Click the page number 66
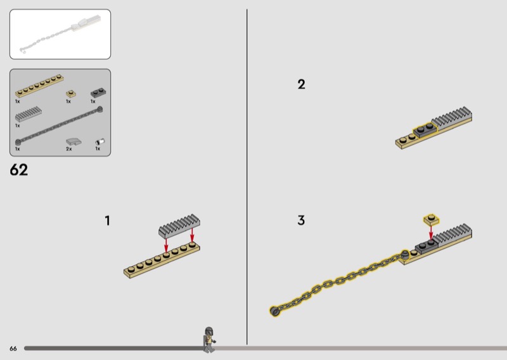coord(13,349)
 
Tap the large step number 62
coord(19,169)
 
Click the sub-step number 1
coord(107,221)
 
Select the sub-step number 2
coord(302,84)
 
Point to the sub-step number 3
coord(301,221)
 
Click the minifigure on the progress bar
coord(209,340)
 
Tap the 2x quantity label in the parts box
coord(69,149)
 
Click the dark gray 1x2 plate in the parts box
coord(99,93)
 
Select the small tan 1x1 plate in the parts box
coord(71,94)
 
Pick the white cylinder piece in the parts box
coord(100,142)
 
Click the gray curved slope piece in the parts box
coord(74,142)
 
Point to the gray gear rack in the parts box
coord(29,114)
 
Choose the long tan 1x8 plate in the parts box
coord(39,86)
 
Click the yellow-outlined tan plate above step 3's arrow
coord(432,220)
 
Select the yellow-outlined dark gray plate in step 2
coord(425,131)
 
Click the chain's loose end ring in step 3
coord(274,311)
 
